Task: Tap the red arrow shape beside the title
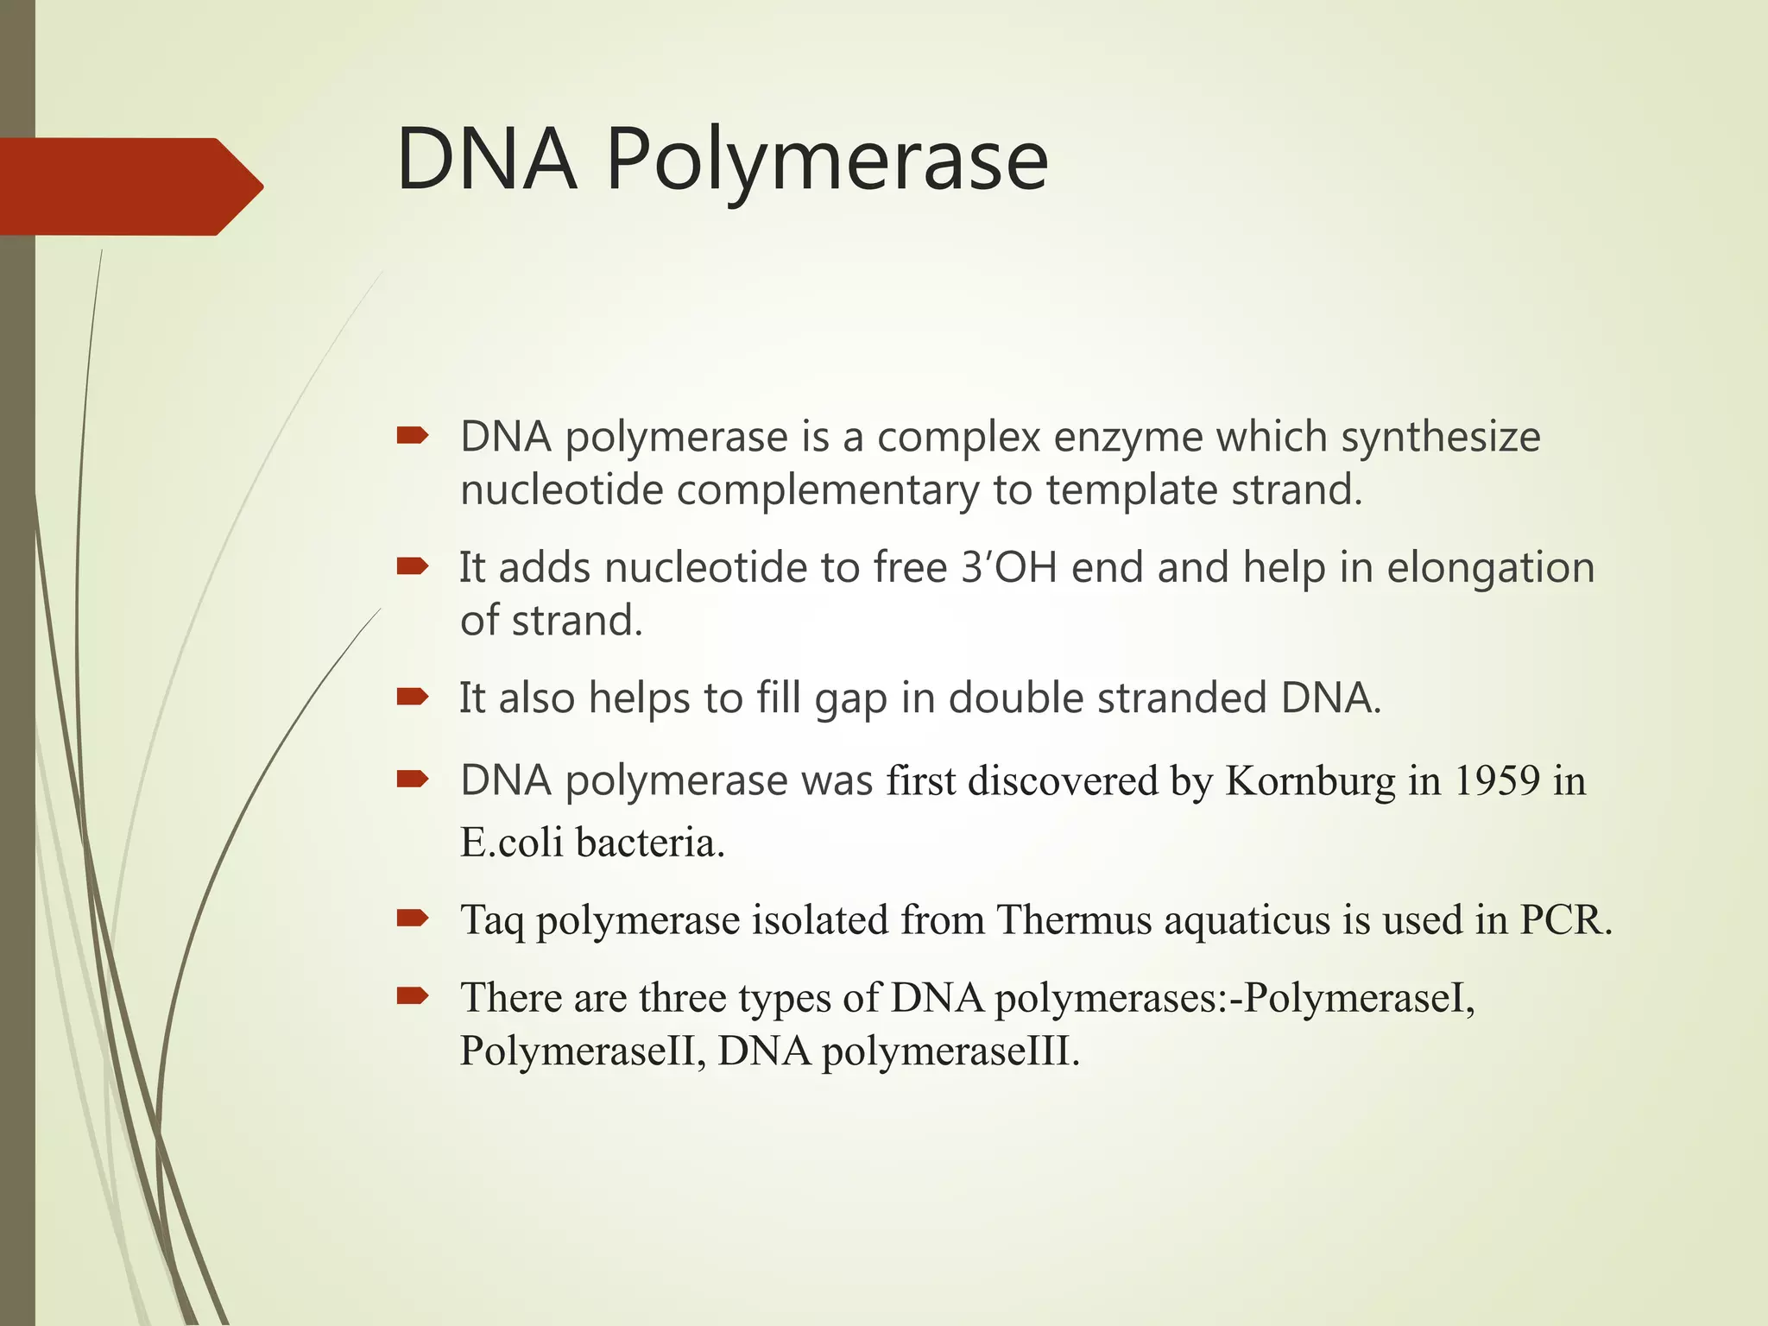tap(129, 186)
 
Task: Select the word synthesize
tap(1440, 437)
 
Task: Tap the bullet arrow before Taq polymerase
tap(413, 918)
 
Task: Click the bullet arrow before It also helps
tap(413, 696)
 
